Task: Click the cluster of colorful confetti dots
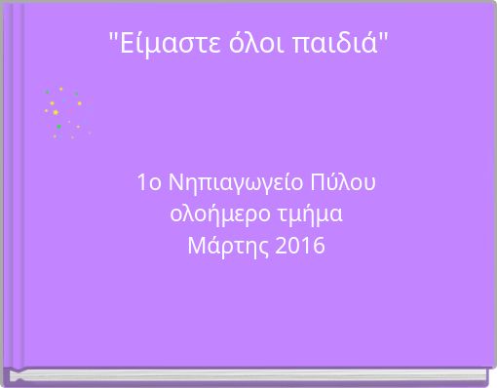click(64, 112)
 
